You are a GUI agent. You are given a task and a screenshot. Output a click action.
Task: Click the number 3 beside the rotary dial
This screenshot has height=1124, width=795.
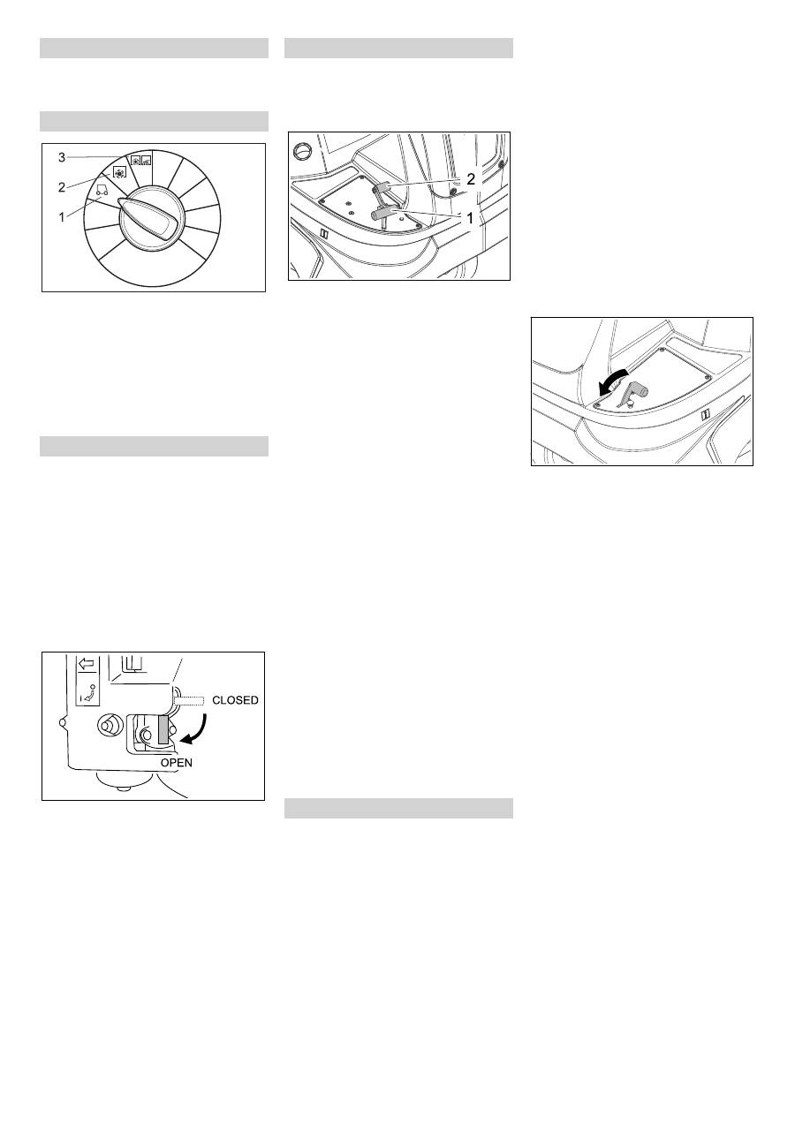pos(62,157)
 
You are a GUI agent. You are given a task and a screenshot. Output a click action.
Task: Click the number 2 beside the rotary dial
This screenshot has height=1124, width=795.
pos(62,188)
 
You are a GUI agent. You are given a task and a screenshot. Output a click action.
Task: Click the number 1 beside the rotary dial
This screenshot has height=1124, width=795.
pos(62,217)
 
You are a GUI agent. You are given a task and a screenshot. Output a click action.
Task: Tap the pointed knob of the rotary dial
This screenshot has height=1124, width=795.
pos(148,216)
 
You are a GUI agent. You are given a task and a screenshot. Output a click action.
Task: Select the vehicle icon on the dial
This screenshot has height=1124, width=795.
pos(102,190)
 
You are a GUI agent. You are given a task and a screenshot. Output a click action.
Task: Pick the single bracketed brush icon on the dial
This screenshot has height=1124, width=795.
pos(120,172)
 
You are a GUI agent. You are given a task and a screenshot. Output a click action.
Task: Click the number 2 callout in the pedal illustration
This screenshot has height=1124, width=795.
pos(470,178)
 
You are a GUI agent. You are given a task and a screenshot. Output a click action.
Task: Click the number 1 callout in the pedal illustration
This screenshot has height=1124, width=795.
pos(470,218)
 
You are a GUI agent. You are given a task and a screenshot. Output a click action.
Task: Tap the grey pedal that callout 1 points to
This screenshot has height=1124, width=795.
pos(383,214)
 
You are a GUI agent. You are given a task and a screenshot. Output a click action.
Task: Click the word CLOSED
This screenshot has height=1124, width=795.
pos(235,700)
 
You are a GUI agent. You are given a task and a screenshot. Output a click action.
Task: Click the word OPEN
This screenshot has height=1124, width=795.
pos(176,762)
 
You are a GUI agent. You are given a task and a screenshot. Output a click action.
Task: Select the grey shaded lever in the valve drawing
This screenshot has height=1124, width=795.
pos(163,729)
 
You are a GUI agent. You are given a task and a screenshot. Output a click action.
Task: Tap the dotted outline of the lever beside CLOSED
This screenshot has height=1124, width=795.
pos(189,700)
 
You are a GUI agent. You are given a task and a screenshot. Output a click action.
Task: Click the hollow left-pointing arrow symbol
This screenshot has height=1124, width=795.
pos(87,664)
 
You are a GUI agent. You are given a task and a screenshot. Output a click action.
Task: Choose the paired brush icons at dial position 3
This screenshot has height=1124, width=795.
pos(141,161)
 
